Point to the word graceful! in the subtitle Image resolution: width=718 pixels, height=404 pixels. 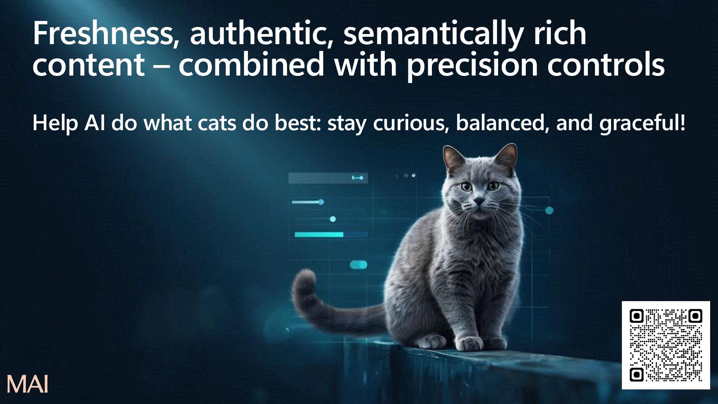[x=642, y=124]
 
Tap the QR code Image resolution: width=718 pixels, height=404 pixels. [x=666, y=345]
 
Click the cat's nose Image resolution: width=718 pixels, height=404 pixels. [x=479, y=202]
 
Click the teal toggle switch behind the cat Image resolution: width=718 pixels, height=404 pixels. [x=359, y=265]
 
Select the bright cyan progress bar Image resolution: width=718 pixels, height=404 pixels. [x=319, y=235]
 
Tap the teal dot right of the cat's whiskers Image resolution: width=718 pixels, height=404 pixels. [x=549, y=211]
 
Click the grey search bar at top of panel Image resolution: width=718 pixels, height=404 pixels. [x=328, y=178]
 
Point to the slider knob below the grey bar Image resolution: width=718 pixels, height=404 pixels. [x=321, y=202]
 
